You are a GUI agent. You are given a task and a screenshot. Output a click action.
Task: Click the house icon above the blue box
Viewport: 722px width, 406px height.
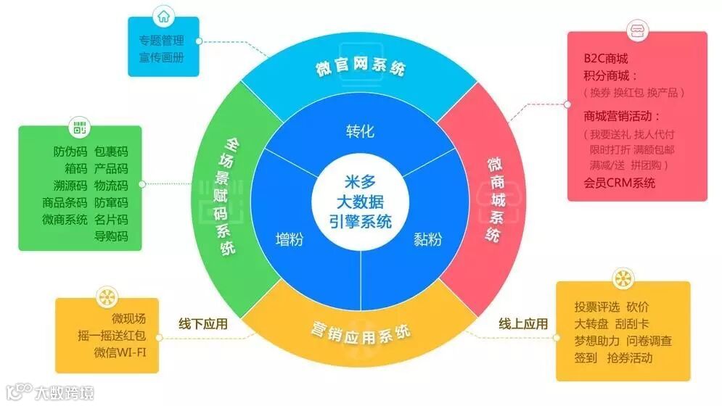tap(163, 17)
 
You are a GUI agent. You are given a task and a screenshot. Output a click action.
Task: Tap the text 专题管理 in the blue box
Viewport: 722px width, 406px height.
tap(162, 41)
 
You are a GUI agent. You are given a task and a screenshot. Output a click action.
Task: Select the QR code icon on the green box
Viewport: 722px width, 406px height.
tap(79, 130)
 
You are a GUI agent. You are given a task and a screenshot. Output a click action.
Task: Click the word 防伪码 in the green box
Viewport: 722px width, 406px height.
tap(70, 152)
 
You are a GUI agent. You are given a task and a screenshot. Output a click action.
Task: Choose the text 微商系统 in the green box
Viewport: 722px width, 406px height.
tap(65, 219)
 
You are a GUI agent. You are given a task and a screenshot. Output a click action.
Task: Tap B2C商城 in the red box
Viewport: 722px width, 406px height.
tap(605, 58)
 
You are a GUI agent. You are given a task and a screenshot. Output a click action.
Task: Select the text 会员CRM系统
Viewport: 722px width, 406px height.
tap(619, 183)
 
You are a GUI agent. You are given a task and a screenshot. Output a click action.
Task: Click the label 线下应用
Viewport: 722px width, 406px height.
tap(203, 324)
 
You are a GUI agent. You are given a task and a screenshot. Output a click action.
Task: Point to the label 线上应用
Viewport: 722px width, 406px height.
tap(523, 323)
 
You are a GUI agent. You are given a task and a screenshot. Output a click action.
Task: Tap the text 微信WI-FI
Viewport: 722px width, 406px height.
tap(119, 352)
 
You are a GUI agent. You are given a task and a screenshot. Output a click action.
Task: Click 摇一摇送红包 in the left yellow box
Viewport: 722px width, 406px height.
tap(112, 335)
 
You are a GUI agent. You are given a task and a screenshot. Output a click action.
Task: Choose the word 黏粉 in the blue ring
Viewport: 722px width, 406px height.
tap(428, 239)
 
